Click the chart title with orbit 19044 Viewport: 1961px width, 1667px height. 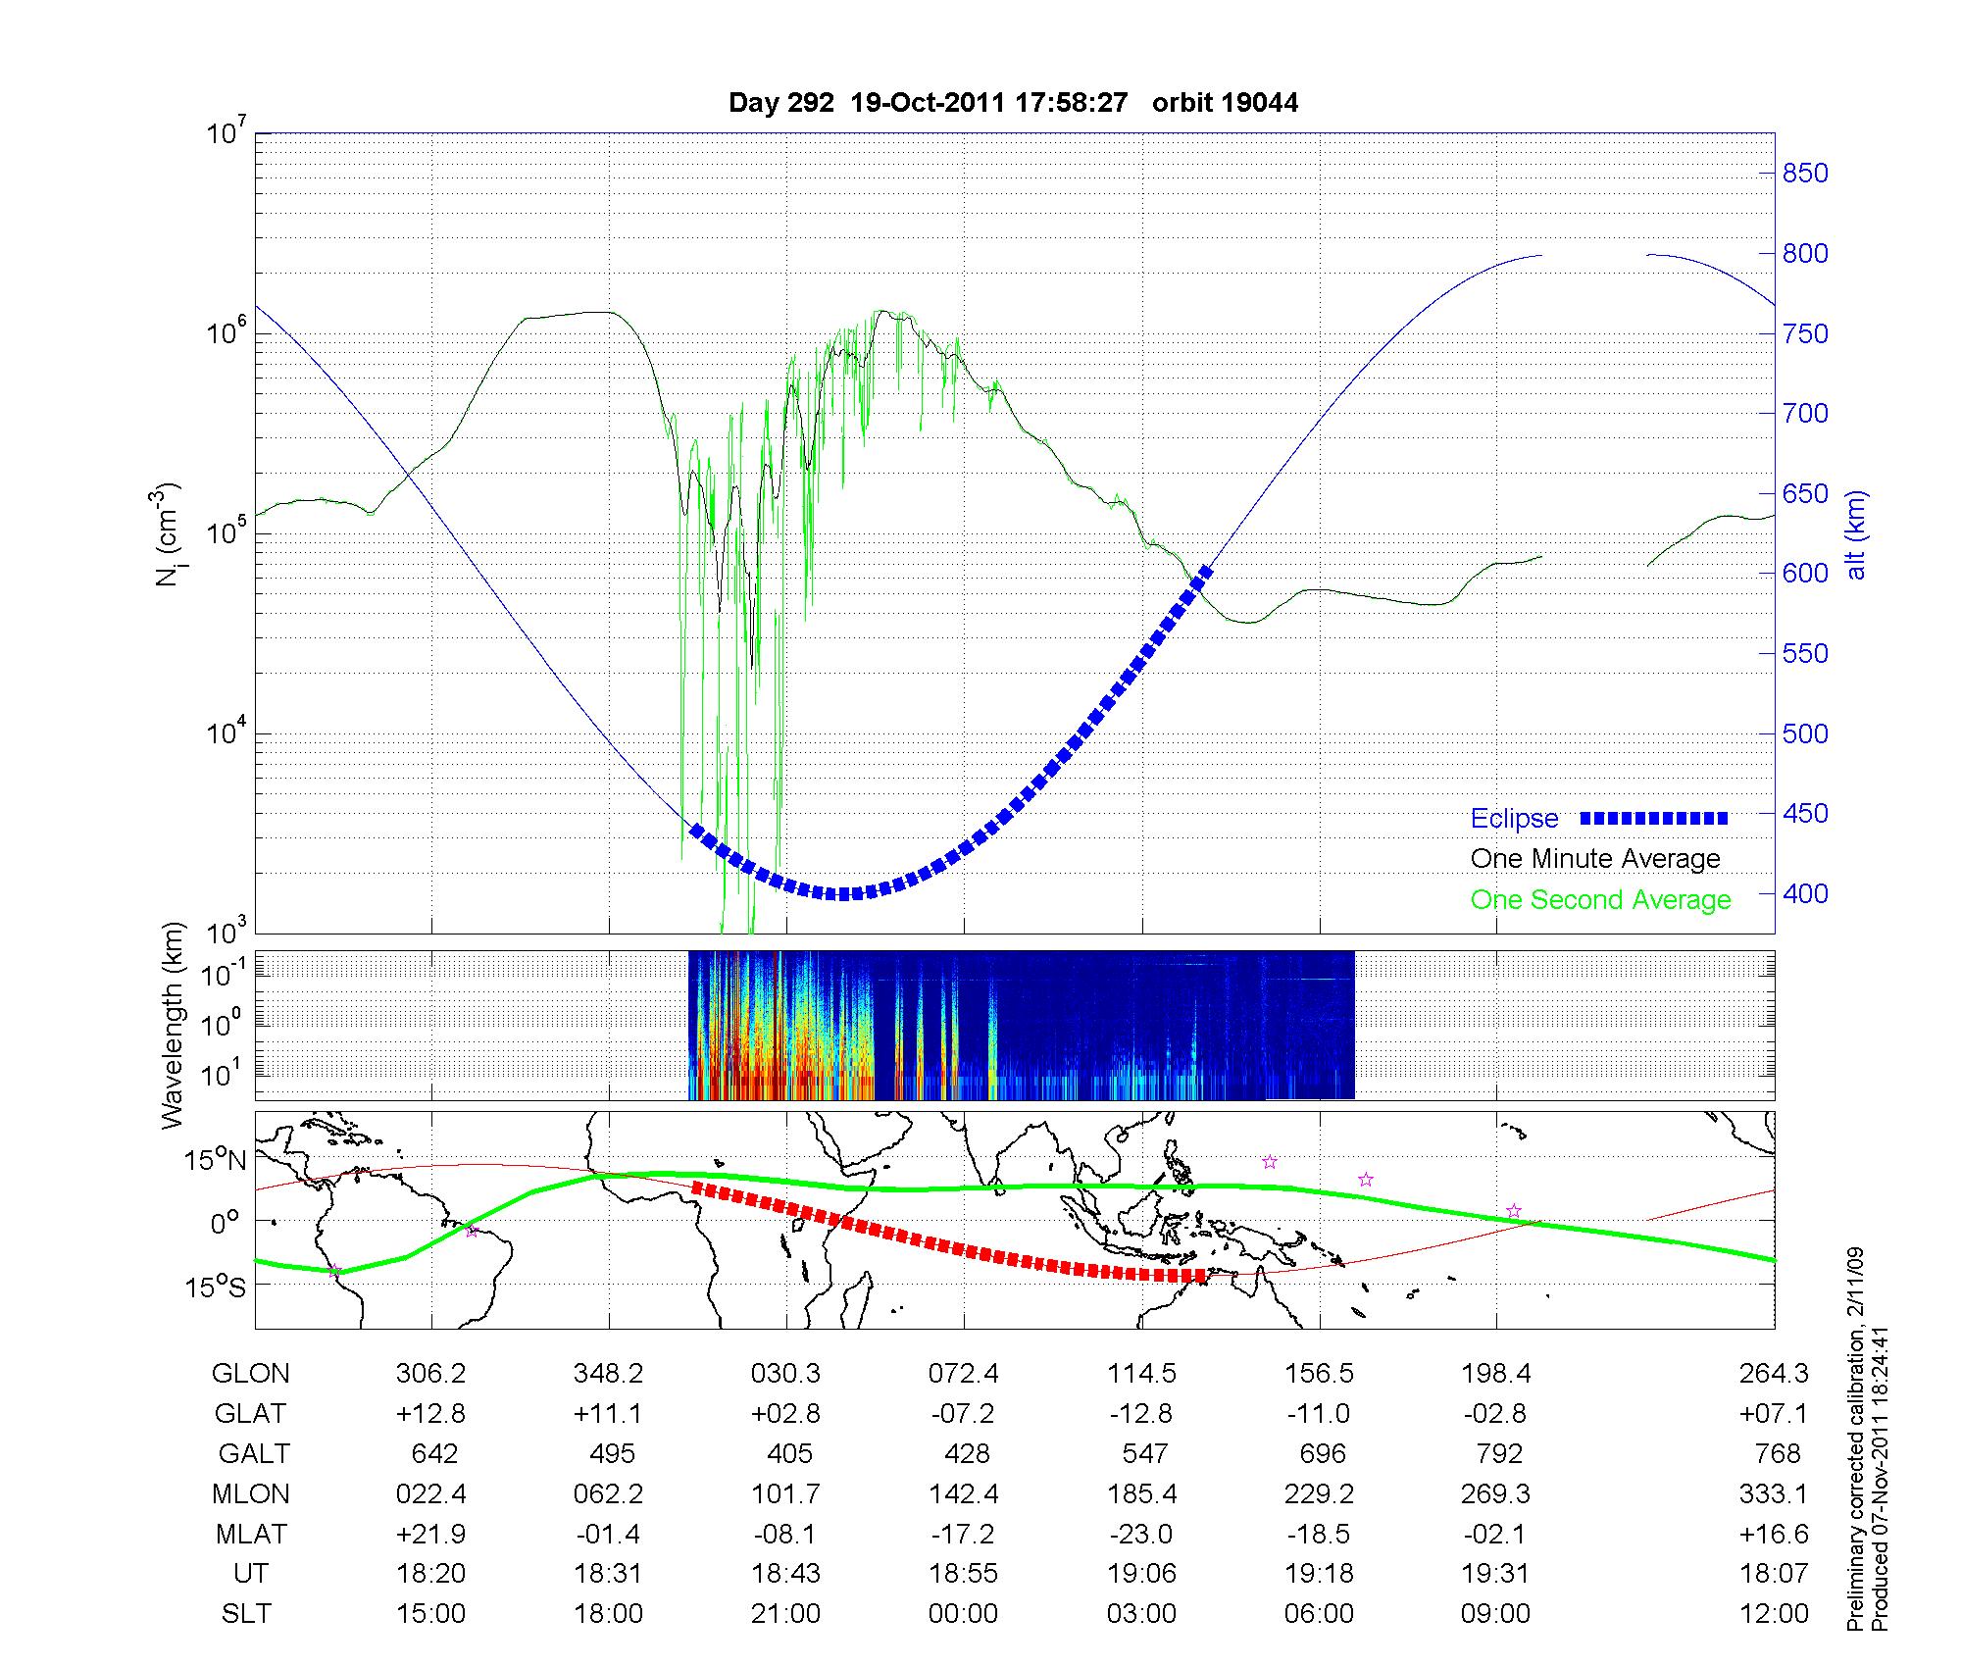(x=1013, y=103)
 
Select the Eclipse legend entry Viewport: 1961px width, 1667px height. (x=1514, y=819)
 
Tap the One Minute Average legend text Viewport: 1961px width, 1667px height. (x=1595, y=859)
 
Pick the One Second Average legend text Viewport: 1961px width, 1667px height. (x=1600, y=900)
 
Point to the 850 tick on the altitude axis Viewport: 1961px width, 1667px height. (x=1805, y=174)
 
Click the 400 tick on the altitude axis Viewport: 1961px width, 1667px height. (x=1805, y=894)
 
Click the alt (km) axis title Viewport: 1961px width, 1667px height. (x=1856, y=534)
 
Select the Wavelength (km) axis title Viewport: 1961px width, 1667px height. (x=174, y=1026)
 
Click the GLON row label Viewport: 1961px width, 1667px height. (x=250, y=1374)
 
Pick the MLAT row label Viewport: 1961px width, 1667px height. (x=251, y=1535)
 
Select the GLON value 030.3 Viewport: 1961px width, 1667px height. (x=785, y=1374)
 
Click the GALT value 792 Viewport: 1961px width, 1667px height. (x=1499, y=1453)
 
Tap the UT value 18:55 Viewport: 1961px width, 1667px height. (x=964, y=1574)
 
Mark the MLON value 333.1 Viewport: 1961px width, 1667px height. (x=1776, y=1494)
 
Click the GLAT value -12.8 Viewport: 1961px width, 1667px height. (x=1141, y=1414)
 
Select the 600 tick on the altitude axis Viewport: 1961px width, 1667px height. (x=1805, y=574)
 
